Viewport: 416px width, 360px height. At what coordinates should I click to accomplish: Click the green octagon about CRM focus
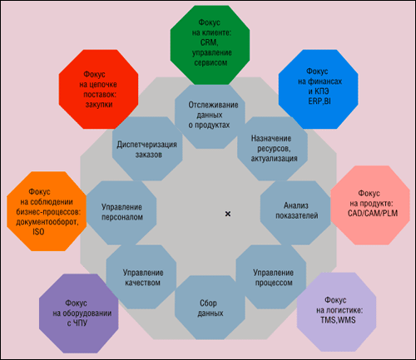click(x=210, y=45)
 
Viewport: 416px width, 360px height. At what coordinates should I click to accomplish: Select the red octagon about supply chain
click(x=98, y=89)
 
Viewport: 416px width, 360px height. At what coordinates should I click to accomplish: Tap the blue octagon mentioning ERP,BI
click(x=318, y=89)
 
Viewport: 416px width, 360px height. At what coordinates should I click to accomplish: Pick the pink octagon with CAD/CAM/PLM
click(x=370, y=205)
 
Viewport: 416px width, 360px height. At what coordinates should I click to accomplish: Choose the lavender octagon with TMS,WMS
click(x=336, y=312)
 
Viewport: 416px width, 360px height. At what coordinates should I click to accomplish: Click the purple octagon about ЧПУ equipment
click(x=79, y=313)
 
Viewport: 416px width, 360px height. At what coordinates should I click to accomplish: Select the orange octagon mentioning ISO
click(x=47, y=211)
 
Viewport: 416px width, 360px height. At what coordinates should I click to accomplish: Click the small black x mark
click(x=228, y=214)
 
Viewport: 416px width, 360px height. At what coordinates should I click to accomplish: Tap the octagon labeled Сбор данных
click(x=210, y=308)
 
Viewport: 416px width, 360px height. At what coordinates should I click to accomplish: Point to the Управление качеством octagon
click(x=141, y=277)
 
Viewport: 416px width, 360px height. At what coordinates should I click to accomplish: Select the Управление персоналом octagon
click(x=121, y=213)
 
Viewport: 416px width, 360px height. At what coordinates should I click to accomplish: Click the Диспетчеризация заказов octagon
click(x=147, y=149)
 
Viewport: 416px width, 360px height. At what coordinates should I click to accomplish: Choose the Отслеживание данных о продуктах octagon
click(x=210, y=116)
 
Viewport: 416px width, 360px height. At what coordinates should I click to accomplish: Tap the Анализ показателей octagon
click(x=295, y=213)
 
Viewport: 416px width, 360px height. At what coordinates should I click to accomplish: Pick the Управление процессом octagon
click(x=271, y=277)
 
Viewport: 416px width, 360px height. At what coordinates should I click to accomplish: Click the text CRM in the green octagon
click(x=209, y=42)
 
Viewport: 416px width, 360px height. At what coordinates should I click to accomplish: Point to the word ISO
click(x=38, y=231)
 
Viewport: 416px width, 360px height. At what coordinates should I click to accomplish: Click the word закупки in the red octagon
click(x=99, y=105)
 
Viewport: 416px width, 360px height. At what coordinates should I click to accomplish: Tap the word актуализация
click(x=274, y=158)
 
